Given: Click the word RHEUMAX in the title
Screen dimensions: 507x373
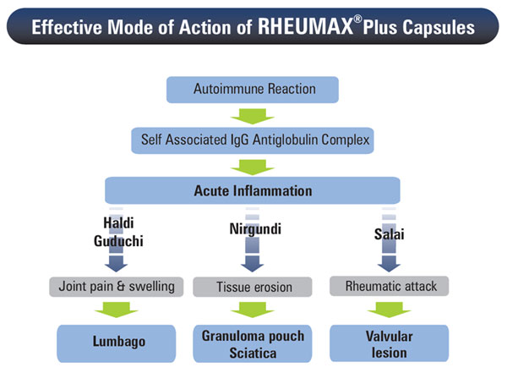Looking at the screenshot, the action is point(305,26).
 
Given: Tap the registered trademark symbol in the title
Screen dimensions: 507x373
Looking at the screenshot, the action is point(357,19).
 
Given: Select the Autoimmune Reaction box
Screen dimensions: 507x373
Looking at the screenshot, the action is point(252,90).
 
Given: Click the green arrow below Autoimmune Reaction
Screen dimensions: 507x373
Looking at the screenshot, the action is point(252,116).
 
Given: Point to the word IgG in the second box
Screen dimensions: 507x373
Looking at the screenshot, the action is point(240,140).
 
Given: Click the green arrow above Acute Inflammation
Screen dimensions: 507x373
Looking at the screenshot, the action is point(252,167).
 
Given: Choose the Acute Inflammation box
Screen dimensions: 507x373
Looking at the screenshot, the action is point(252,190).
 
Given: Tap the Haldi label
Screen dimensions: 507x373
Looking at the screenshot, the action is point(118,222).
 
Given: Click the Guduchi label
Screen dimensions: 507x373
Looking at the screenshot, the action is point(118,241).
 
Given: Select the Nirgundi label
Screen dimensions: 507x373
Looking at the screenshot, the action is point(255,229).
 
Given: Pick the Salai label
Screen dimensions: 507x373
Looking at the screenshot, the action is point(389,234).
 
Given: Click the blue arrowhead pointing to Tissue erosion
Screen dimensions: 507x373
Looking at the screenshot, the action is point(252,264).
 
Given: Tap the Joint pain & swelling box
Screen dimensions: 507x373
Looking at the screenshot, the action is point(116,287).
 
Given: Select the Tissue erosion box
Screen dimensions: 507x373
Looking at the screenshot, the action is point(253,287).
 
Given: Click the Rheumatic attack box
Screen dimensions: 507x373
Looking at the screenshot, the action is point(389,286).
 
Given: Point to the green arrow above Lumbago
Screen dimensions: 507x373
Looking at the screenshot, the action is point(116,310).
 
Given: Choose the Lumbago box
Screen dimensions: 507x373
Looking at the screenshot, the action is point(117,343).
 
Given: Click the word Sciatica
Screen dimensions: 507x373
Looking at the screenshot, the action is point(253,353).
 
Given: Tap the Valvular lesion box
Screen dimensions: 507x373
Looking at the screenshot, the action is point(389,343).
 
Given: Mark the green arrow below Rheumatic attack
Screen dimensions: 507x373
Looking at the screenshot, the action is point(389,310).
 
